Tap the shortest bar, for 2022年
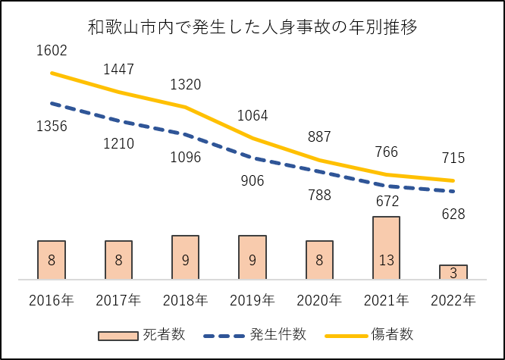point(453,272)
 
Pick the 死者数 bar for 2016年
point(52,260)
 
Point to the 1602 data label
point(52,51)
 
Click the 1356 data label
point(52,127)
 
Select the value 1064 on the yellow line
point(252,116)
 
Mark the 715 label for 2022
point(453,158)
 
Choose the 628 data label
point(453,214)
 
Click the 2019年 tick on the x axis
point(252,300)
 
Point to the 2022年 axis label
point(453,300)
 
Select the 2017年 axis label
point(118,300)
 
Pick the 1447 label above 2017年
point(118,70)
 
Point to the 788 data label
point(319,195)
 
